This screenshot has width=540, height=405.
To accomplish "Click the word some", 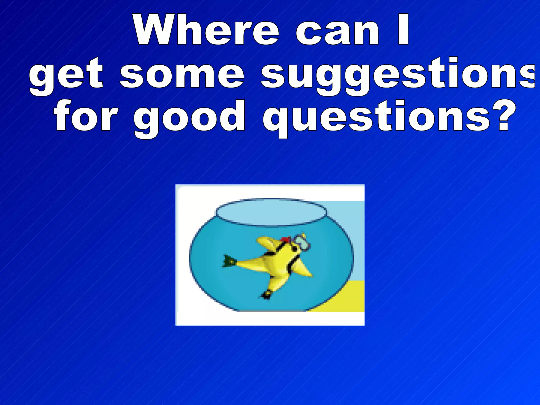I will pos(182,74).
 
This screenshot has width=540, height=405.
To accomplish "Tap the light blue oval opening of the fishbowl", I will pos(271,212).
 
